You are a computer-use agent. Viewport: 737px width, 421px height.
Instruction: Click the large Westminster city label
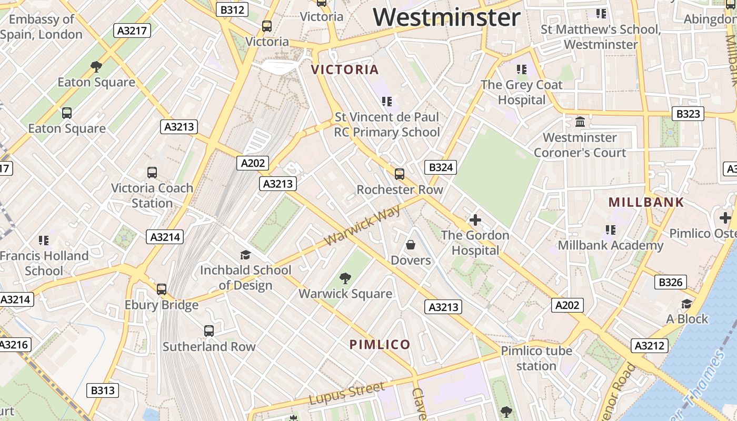pos(447,17)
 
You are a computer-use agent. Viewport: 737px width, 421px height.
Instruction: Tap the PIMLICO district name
pos(380,345)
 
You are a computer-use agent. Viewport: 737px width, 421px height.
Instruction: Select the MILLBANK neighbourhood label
pos(646,202)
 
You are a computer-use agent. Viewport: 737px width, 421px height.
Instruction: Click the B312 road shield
pos(232,9)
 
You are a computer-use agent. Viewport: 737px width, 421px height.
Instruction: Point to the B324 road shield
pos(440,167)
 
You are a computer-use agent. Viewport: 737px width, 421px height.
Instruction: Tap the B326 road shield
pos(671,283)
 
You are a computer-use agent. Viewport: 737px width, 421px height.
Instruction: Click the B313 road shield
pos(103,390)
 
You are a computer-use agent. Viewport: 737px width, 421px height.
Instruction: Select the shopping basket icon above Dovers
pos(411,245)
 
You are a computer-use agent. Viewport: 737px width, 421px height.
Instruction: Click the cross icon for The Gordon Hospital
pos(475,220)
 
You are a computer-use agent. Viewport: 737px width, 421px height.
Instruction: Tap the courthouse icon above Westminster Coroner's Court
pos(580,122)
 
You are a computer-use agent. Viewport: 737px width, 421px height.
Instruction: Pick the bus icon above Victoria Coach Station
pos(152,173)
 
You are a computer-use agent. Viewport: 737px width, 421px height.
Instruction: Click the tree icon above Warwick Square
pos(345,278)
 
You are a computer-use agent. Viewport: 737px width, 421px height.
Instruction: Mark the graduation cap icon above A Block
pos(687,304)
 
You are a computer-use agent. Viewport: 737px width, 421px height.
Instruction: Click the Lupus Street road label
pos(347,394)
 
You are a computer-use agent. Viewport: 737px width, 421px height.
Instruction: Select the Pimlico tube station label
pos(536,358)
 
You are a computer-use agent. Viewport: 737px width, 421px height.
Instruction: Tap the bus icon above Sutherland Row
pos(209,331)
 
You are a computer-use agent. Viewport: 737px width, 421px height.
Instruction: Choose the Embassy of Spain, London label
pos(42,27)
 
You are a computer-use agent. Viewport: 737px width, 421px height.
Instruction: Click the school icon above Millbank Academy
pos(611,229)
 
